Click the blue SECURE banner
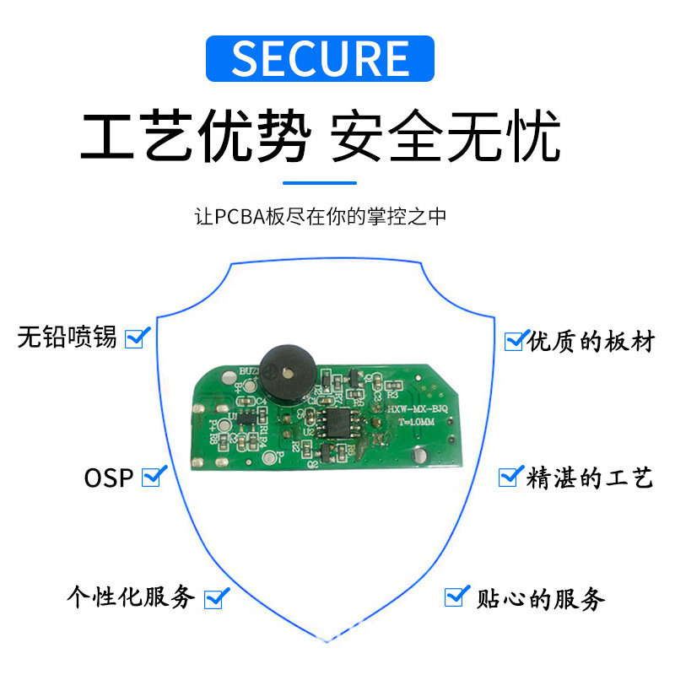coord(320,58)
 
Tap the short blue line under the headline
coord(319,182)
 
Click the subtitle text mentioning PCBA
coord(320,217)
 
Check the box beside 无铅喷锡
coord(136,338)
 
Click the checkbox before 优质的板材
coord(514,340)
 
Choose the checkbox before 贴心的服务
coord(456,597)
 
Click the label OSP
coord(109,478)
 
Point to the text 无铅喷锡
coord(67,338)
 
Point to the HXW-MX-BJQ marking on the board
coord(415,409)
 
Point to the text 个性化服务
coord(132,598)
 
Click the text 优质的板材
coord(591,342)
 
